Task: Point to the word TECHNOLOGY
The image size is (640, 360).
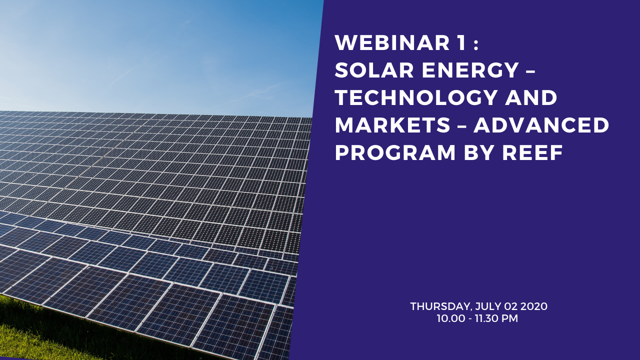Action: point(416,97)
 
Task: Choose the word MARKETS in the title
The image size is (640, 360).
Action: point(392,125)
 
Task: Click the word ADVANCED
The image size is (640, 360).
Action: point(541,125)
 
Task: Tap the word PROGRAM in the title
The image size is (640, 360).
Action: point(395,152)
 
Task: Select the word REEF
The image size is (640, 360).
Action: point(532,152)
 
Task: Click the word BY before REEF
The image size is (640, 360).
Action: point(479,152)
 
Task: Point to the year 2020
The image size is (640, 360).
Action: point(534,306)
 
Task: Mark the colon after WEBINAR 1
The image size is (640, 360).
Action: point(475,45)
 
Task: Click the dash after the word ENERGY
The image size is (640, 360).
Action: point(530,71)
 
